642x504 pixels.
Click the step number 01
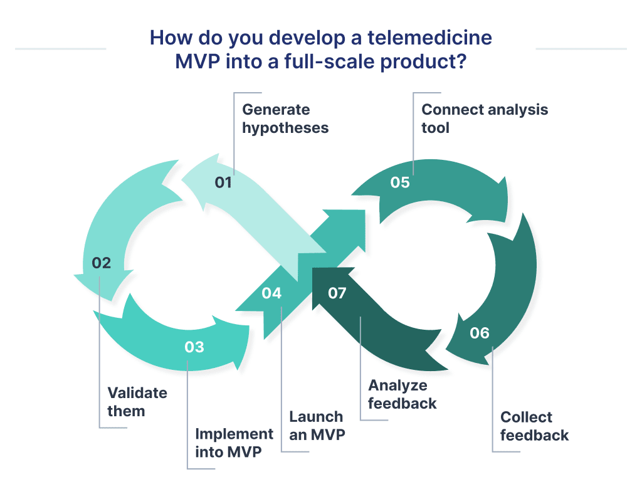point(223,182)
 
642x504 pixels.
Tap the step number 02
point(101,263)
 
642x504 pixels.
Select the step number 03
point(194,347)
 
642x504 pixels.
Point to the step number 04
point(271,293)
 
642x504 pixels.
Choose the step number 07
point(337,293)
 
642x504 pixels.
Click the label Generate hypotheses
point(285,118)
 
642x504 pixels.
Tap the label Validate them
point(137,402)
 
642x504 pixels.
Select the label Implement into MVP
point(234,443)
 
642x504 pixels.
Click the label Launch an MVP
point(316,426)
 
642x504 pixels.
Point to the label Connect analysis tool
point(484,118)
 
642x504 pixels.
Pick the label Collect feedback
point(534,426)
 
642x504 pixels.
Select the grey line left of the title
point(60,48)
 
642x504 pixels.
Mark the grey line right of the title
point(581,48)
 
